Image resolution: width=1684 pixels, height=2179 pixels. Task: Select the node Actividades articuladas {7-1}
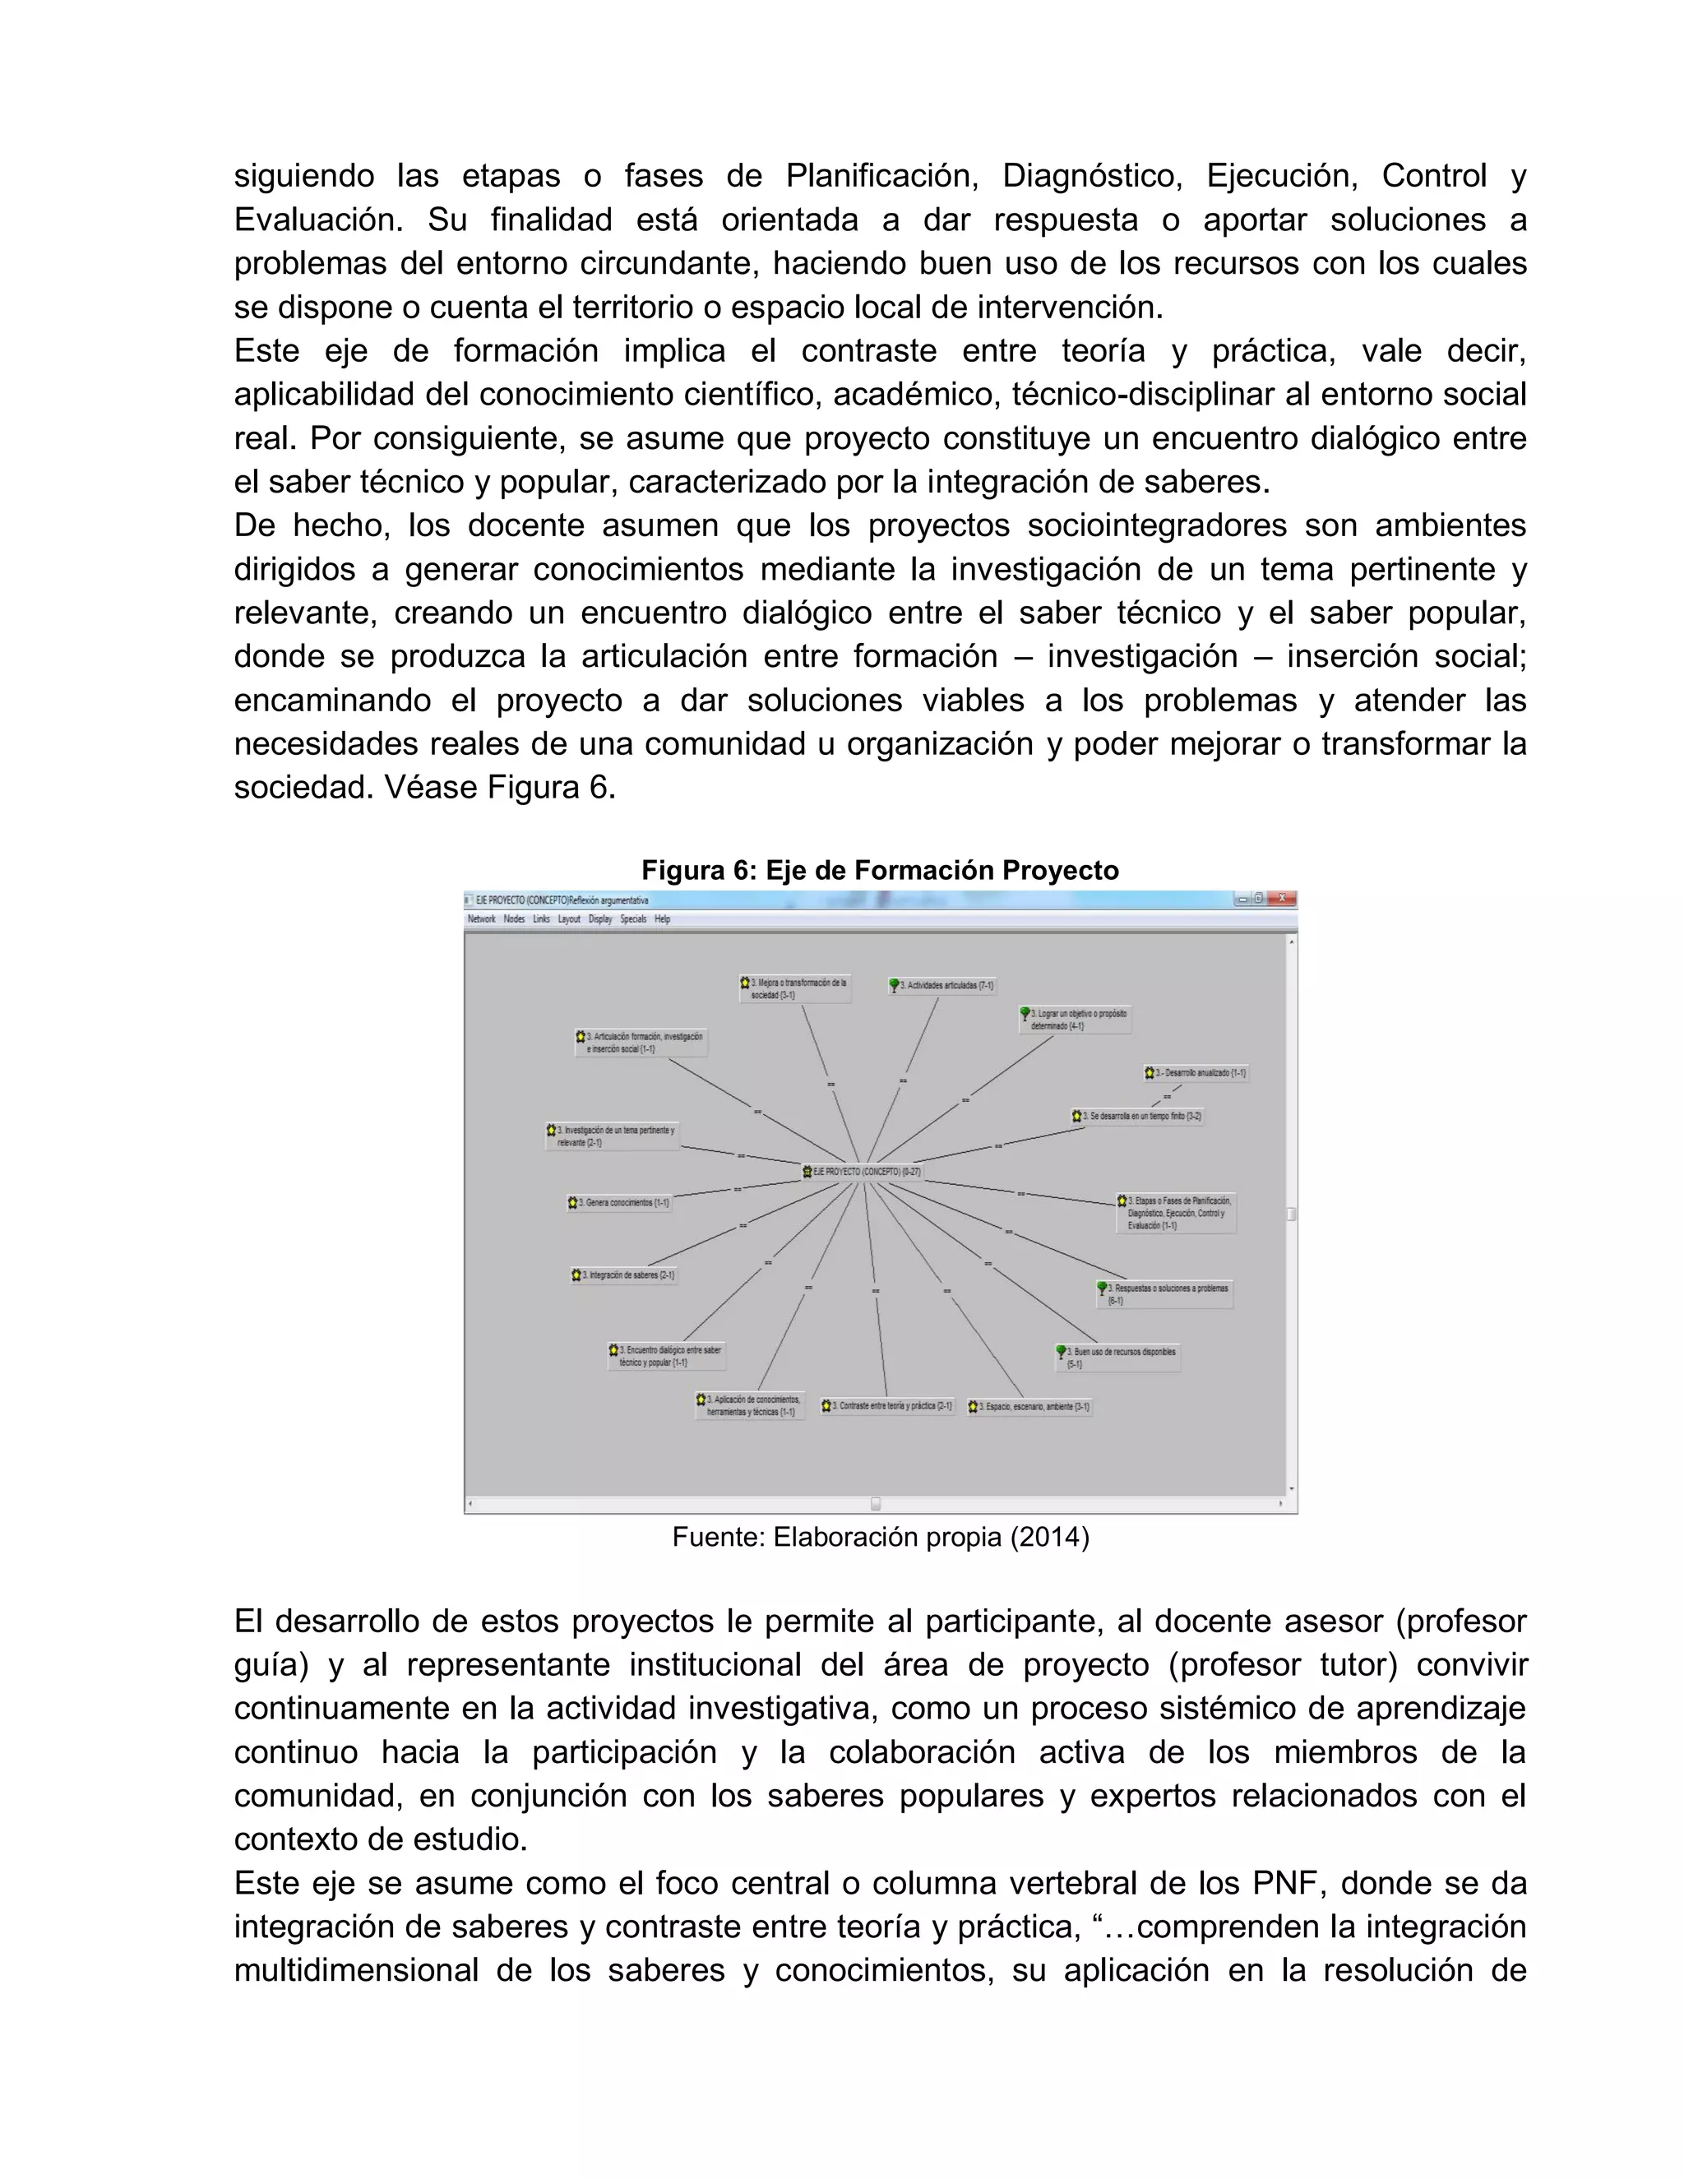point(944,986)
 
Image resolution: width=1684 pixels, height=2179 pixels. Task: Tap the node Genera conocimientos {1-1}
point(619,1203)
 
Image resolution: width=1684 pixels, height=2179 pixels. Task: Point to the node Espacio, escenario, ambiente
point(1030,1407)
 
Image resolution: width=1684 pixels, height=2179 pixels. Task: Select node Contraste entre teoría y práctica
point(888,1406)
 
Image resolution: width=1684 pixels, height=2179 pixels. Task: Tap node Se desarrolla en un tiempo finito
point(1137,1117)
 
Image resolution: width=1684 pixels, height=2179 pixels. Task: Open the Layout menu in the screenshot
point(569,919)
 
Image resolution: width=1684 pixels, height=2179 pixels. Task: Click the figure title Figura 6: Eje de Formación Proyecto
point(880,870)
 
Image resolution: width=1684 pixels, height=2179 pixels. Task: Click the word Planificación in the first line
point(881,176)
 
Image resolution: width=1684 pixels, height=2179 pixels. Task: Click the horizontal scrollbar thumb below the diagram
point(876,1502)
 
